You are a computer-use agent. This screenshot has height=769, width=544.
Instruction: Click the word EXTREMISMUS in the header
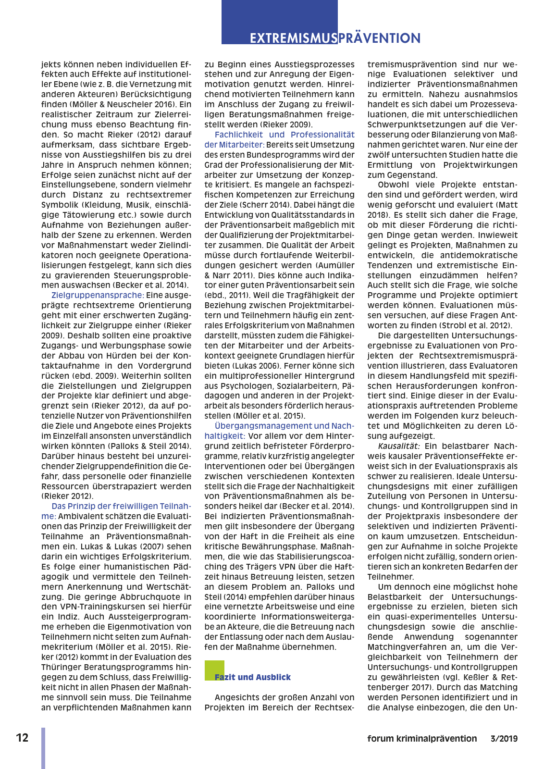pos(293,38)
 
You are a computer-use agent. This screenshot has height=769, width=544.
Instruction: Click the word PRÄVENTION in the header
pos(379,38)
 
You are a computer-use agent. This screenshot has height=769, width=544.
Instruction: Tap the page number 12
pos(22,738)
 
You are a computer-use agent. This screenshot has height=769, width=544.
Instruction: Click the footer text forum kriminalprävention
pos(422,739)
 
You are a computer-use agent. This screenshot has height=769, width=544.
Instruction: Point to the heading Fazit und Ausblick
pos(253,677)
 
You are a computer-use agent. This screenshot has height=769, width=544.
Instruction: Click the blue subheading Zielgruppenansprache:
pos(98,295)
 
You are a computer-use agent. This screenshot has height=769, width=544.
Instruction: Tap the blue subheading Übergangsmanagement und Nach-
pos(284,426)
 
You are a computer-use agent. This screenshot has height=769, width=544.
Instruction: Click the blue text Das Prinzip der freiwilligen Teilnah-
pos(121,506)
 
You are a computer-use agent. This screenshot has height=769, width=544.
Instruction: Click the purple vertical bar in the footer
pos(43,747)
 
